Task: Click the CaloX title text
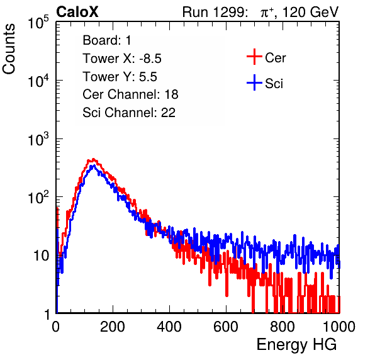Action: pos(77,12)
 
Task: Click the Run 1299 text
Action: pos(215,12)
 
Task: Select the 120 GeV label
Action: pos(310,12)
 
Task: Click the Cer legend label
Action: pos(275,58)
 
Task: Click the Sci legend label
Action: pos(274,84)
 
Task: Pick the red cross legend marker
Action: pos(254,57)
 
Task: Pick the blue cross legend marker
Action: pos(254,83)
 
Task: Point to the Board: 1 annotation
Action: pos(107,40)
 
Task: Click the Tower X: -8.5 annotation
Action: pos(122,59)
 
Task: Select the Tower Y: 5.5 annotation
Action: pos(120,77)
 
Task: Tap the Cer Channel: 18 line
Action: pos(130,94)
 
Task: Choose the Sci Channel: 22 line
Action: pos(129,113)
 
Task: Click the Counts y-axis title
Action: pos(9,49)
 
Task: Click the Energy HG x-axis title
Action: pos(296,345)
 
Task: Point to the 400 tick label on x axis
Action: pos(169,327)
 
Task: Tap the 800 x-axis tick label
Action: pos(283,327)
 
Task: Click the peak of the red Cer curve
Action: pos(94,159)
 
